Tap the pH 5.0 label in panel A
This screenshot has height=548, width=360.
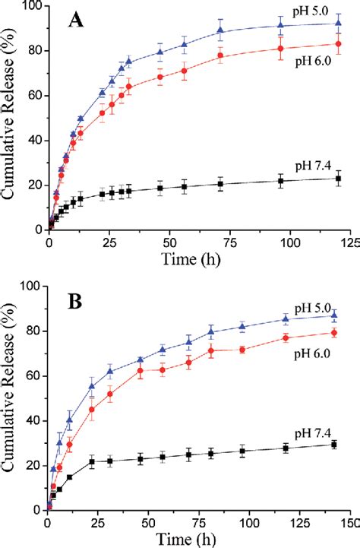(313, 12)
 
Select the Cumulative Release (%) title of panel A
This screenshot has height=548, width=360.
(11, 118)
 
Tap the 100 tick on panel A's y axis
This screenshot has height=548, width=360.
(30, 7)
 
